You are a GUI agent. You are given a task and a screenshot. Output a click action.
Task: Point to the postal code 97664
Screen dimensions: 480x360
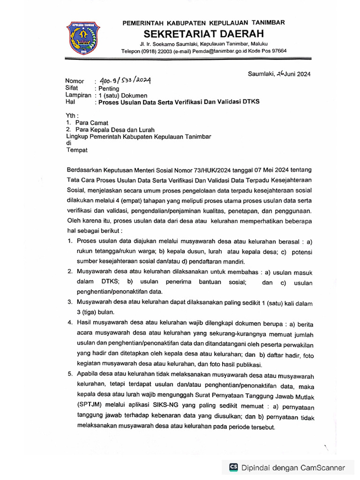pyautogui.click(x=277, y=51)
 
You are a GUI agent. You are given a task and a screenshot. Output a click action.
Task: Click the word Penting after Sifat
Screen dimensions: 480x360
pyautogui.click(x=108, y=88)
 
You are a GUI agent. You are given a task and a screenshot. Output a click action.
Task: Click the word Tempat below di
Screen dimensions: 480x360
pyautogui.click(x=77, y=150)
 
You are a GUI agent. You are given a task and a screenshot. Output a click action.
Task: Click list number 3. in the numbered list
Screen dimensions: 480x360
pyautogui.click(x=69, y=303)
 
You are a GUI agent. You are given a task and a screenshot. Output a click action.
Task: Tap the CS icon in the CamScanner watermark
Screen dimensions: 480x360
pyautogui.click(x=233, y=467)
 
